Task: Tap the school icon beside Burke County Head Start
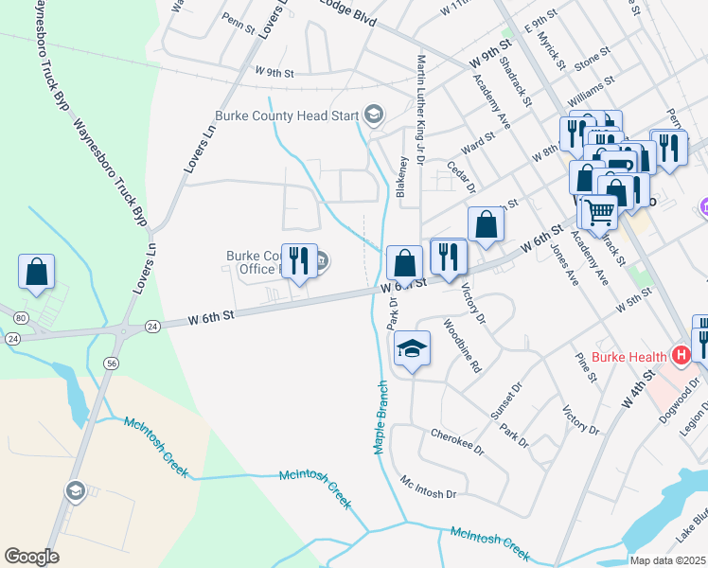point(373,115)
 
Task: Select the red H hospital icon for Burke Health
point(679,356)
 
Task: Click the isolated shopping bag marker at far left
point(36,272)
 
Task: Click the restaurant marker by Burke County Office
point(299,261)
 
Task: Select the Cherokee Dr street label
point(457,441)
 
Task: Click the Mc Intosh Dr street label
point(428,493)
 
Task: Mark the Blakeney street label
point(403,176)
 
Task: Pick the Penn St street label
point(239,18)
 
